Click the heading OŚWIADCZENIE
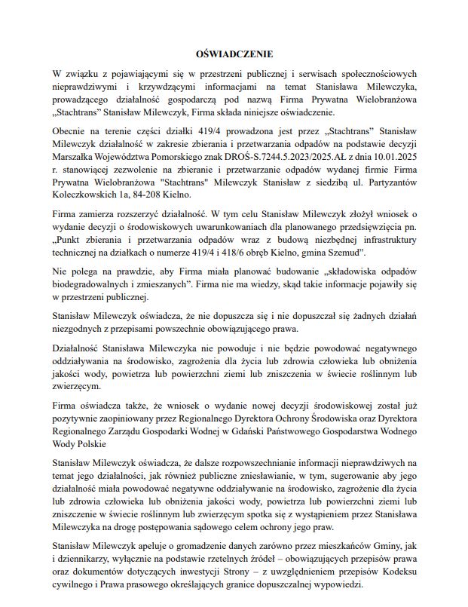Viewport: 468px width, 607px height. click(x=234, y=54)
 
